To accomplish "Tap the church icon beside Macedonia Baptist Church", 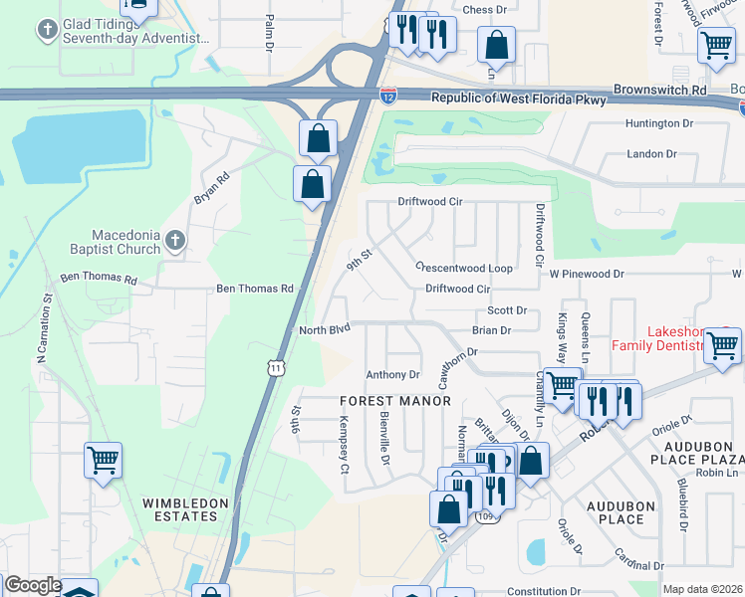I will (175, 240).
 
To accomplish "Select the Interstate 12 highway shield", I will (387, 96).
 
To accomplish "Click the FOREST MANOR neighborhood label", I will (395, 401).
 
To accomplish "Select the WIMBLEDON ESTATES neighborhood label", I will (179, 509).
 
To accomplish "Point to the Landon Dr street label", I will (651, 154).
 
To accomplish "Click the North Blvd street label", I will (326, 329).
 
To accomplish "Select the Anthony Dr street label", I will (392, 375).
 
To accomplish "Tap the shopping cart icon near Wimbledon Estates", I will (103, 460).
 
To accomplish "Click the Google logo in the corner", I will (33, 586).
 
